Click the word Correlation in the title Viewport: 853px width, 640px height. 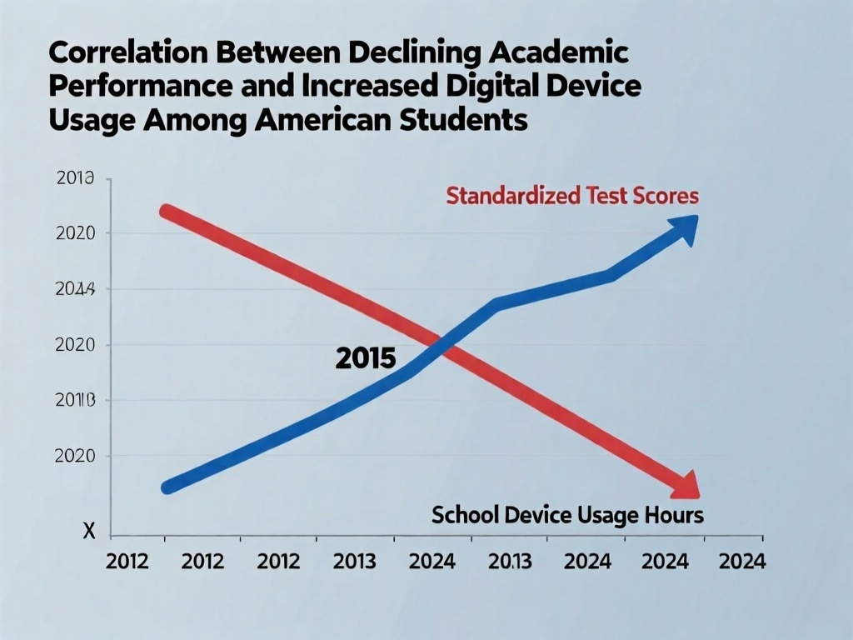tap(122, 54)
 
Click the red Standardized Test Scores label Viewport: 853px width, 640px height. tap(572, 197)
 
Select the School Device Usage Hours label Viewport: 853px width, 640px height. tap(567, 515)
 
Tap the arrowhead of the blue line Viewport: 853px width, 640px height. tap(684, 227)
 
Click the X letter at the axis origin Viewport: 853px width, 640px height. tap(89, 531)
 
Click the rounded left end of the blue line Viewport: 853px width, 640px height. tap(167, 487)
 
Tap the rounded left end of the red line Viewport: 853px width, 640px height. tap(167, 210)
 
